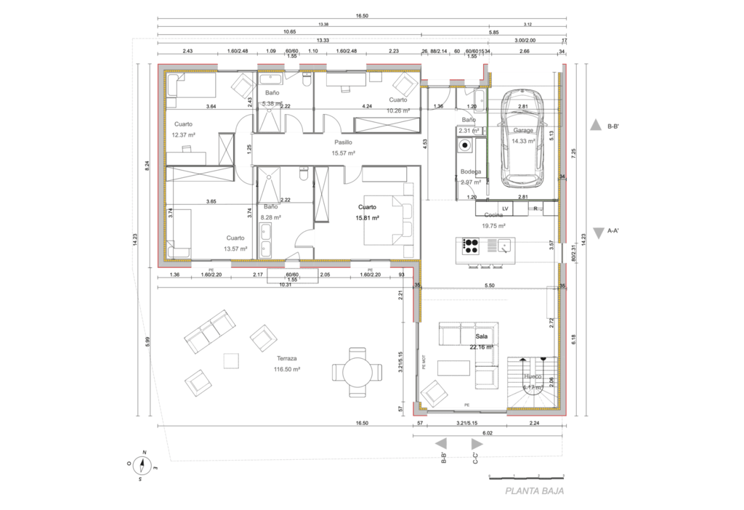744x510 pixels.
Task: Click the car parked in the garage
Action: pyautogui.click(x=523, y=138)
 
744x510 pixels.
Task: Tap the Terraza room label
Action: pyautogui.click(x=287, y=359)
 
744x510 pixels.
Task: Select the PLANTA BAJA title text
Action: pyautogui.click(x=535, y=491)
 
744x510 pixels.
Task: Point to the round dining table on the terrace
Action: pyautogui.click(x=356, y=373)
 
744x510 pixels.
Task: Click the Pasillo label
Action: pyautogui.click(x=343, y=143)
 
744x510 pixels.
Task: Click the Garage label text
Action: pyautogui.click(x=523, y=131)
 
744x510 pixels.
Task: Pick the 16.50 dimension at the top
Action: pyautogui.click(x=363, y=15)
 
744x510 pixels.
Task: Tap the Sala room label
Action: pyautogui.click(x=481, y=337)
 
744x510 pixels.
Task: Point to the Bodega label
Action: pyautogui.click(x=471, y=171)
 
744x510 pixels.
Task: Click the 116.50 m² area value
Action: pyautogui.click(x=287, y=369)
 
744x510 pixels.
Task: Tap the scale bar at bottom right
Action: pyautogui.click(x=527, y=477)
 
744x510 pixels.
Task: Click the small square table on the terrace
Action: pyautogui.click(x=231, y=361)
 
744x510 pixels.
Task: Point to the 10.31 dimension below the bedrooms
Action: pyautogui.click(x=286, y=284)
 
